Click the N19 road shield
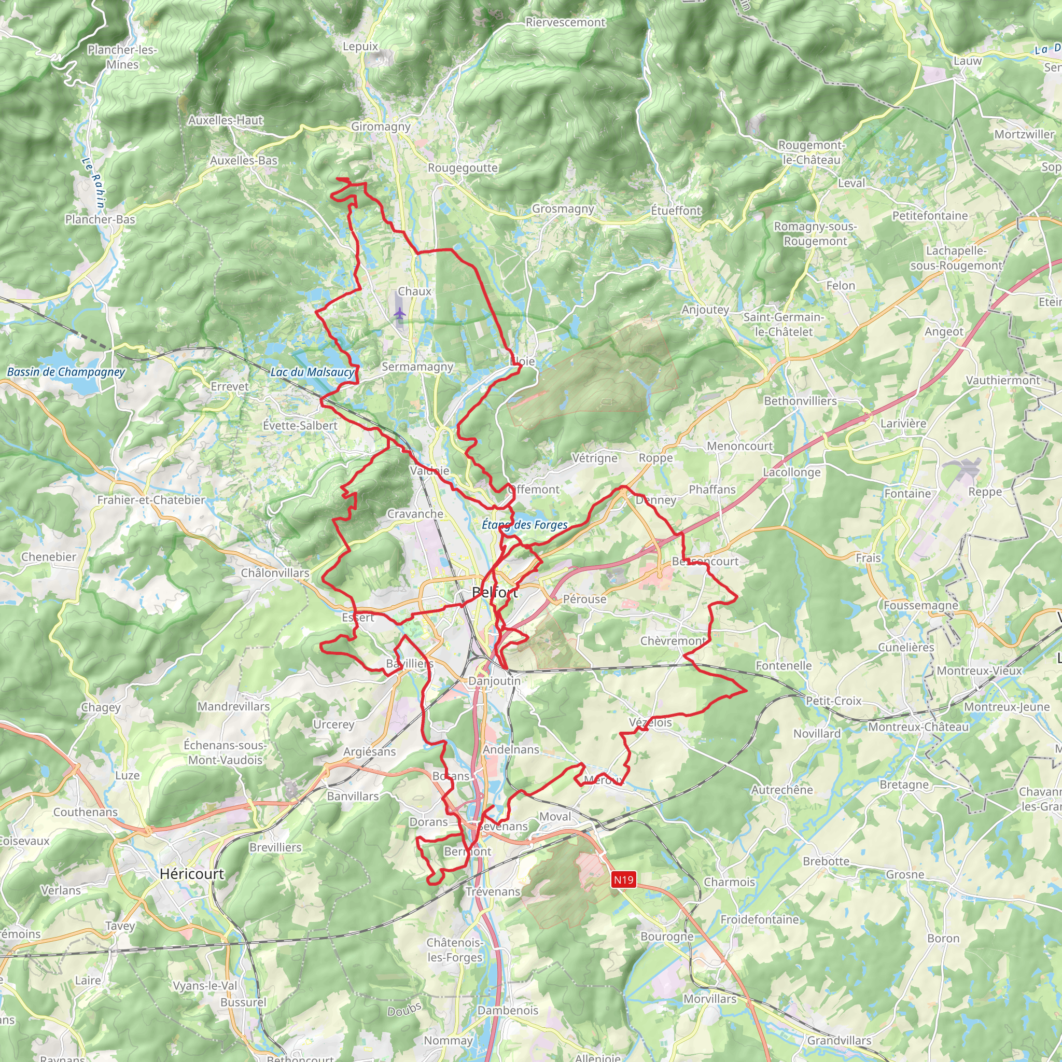pyautogui.click(x=623, y=879)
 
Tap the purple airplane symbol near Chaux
pyautogui.click(x=400, y=314)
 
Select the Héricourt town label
pyautogui.click(x=192, y=873)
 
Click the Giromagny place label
pyautogui.click(x=381, y=127)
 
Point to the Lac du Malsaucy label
pyautogui.click(x=312, y=372)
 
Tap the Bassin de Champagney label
pyautogui.click(x=66, y=372)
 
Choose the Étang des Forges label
pyautogui.click(x=524, y=524)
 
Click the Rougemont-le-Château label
pyautogui.click(x=812, y=152)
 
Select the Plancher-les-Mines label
pyautogui.click(x=122, y=57)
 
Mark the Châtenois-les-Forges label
pyautogui.click(x=455, y=950)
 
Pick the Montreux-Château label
pyautogui.click(x=918, y=726)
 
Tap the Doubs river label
pyautogui.click(x=404, y=1009)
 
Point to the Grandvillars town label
pyautogui.click(x=839, y=1040)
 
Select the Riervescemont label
pyautogui.click(x=565, y=22)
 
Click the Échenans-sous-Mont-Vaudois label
pyautogui.click(x=225, y=752)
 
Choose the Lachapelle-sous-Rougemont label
pyautogui.click(x=956, y=258)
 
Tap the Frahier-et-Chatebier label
pyautogui.click(x=151, y=500)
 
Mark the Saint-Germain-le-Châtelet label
pyautogui.click(x=784, y=324)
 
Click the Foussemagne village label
pyautogui.click(x=921, y=605)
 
